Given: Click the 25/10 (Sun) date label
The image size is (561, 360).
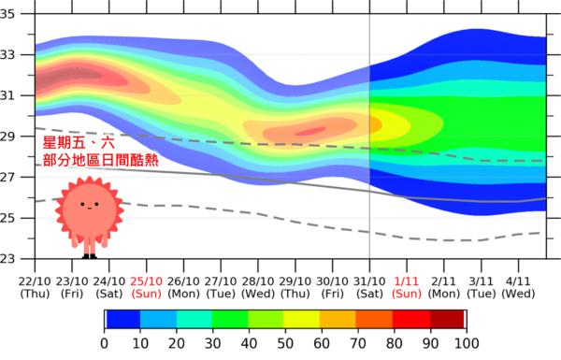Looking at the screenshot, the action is [x=147, y=287].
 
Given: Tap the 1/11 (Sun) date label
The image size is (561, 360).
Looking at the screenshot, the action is [x=407, y=287].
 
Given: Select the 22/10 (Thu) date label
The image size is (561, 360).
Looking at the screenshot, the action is [x=35, y=287].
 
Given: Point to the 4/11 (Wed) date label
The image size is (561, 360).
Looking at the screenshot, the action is [x=518, y=287].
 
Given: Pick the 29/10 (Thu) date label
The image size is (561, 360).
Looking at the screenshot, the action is [x=295, y=287].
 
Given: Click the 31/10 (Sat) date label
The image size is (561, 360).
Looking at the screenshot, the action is [x=369, y=287].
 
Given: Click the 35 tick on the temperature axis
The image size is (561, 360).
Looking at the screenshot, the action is [x=7, y=14].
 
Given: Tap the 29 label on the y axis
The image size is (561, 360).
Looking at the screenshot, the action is [x=7, y=137].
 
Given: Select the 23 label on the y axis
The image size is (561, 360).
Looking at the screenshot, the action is [x=7, y=258].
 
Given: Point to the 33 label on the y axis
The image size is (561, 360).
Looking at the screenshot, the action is [x=7, y=55].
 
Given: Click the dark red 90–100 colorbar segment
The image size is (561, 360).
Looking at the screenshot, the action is [x=447, y=319].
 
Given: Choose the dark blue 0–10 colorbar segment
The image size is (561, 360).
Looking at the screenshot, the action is [x=123, y=319].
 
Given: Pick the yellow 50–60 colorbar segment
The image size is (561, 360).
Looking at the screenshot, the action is [x=302, y=319].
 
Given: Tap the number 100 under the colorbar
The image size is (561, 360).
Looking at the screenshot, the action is [x=467, y=343].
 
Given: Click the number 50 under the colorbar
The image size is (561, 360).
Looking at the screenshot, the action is [x=285, y=343].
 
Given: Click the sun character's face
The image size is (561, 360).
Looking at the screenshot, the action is [x=90, y=210].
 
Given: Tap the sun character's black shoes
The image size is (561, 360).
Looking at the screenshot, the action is [x=90, y=256].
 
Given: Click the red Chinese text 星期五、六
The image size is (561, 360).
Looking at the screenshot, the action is [x=79, y=143].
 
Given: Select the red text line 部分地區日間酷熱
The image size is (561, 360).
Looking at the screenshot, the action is [x=101, y=160].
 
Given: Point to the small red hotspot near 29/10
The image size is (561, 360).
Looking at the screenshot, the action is [x=310, y=131].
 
